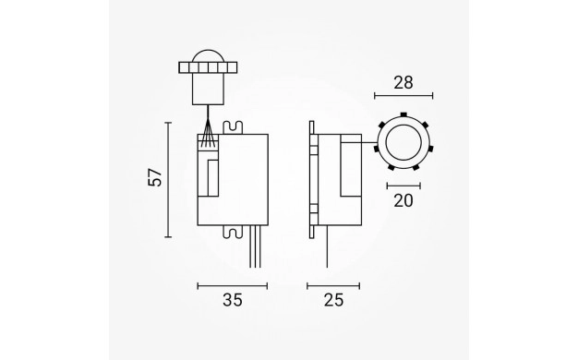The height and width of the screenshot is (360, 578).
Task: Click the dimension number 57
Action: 155,177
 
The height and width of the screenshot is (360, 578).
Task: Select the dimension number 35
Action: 233,300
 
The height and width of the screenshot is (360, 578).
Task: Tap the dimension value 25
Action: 333,300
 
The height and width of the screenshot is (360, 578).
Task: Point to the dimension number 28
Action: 403,83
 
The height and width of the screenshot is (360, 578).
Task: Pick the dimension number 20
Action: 403,200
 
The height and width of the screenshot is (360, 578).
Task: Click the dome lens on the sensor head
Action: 209,55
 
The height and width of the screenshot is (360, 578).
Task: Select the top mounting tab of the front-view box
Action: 233,127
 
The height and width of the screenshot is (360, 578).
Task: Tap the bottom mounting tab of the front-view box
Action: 233,231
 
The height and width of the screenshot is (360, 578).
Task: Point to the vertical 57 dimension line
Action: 168,180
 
